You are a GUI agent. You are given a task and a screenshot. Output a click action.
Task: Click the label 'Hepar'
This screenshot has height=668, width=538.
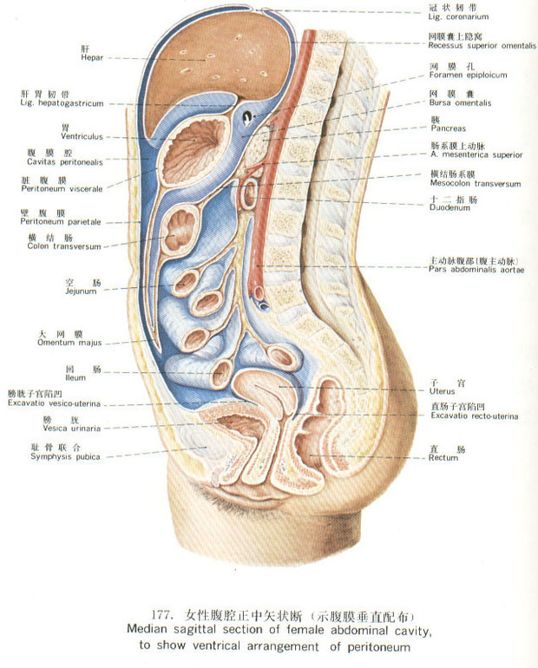[91, 59]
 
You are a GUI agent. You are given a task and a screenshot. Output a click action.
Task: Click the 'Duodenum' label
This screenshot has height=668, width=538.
[449, 208]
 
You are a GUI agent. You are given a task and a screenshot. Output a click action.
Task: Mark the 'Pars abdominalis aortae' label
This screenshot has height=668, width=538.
[476, 270]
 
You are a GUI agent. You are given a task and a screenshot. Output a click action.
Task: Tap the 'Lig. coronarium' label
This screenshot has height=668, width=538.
[459, 16]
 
